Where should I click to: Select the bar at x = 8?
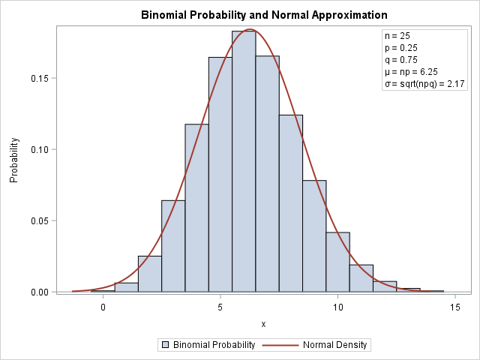click(x=291, y=203)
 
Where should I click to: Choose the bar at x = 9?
click(x=314, y=236)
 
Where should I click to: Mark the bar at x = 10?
click(x=337, y=262)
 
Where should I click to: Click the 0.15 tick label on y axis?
click(x=38, y=78)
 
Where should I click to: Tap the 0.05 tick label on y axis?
click(x=38, y=220)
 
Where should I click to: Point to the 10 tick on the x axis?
click(x=337, y=307)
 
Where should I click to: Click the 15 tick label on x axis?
click(x=455, y=307)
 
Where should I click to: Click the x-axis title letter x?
click(x=263, y=324)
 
